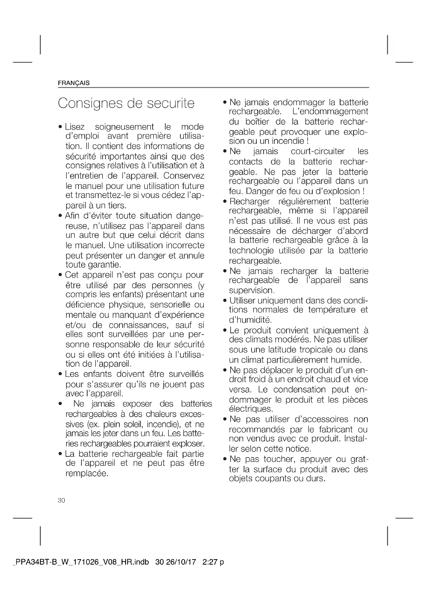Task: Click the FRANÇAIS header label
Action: click(74, 83)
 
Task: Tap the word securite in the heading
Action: click(171, 103)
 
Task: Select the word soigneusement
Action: click(124, 127)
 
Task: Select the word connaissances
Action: click(138, 325)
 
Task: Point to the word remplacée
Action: click(87, 474)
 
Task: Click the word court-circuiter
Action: click(318, 151)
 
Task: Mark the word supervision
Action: click(251, 291)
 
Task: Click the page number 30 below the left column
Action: click(61, 501)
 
